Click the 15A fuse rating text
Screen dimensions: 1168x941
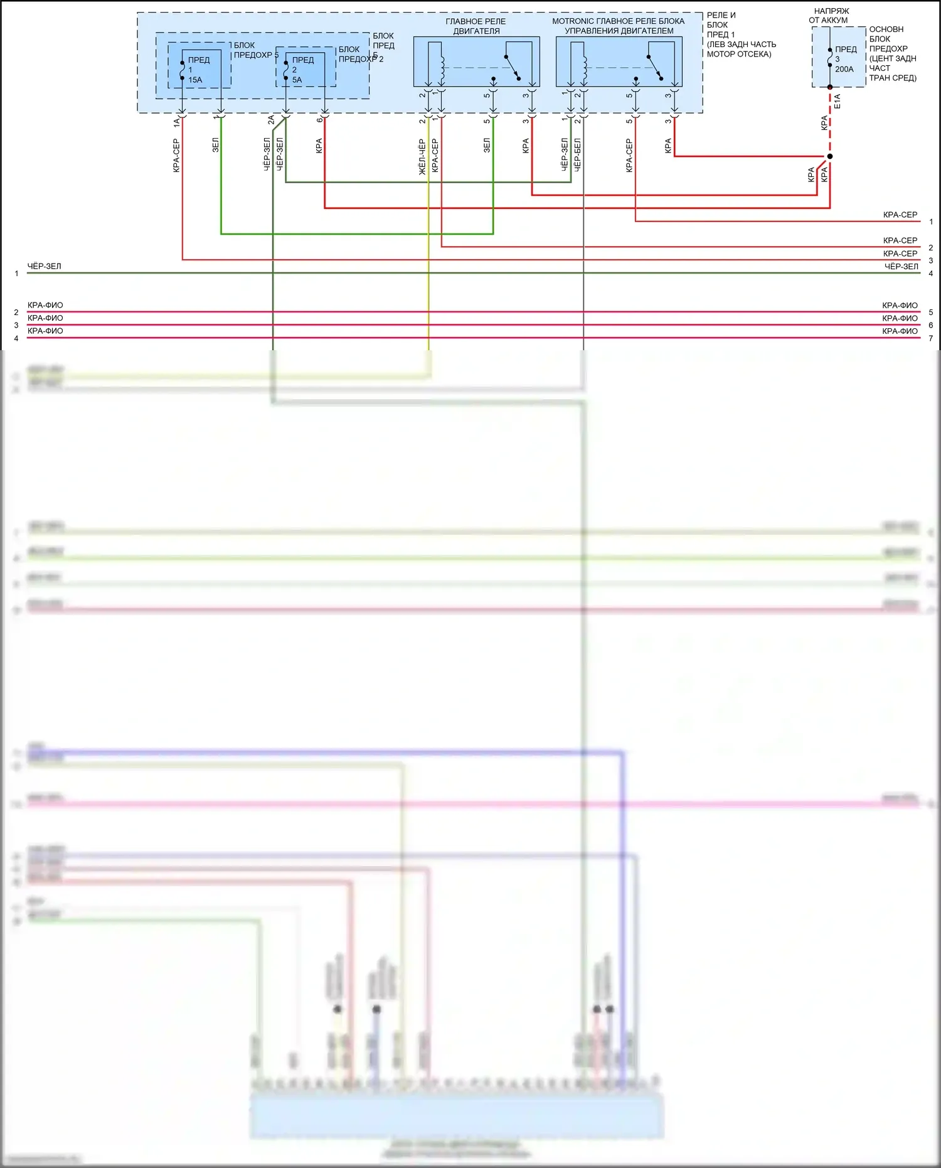[195, 80]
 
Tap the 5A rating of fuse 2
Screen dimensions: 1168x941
[297, 80]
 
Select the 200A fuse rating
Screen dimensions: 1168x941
[844, 69]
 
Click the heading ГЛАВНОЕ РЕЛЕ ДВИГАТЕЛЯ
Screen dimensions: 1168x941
[476, 26]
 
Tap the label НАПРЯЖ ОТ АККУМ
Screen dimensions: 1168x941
[830, 16]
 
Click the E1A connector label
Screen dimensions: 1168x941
[837, 102]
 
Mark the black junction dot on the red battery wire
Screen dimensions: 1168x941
[830, 156]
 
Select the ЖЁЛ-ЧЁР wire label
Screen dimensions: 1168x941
[422, 156]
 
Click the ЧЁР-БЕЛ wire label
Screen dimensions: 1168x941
[578, 154]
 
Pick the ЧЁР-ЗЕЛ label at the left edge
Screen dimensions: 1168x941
[44, 266]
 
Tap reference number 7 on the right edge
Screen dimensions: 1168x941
[931, 338]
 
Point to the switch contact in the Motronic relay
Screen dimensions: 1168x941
[654, 67]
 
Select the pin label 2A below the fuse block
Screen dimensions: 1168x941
[271, 120]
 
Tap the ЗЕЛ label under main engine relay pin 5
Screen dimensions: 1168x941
[487, 146]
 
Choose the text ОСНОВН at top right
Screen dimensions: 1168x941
[886, 29]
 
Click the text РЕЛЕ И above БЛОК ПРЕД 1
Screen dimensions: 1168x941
[721, 15]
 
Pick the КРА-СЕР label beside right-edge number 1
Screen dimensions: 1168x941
[900, 215]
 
